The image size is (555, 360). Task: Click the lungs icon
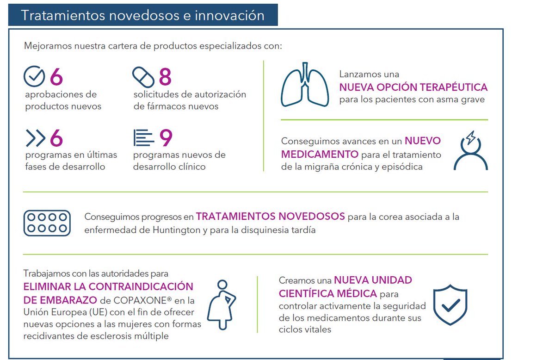click(x=305, y=85)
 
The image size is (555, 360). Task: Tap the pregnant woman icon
click(x=221, y=305)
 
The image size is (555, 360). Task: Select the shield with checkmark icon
click(x=450, y=305)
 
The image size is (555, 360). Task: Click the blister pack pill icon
click(x=47, y=223)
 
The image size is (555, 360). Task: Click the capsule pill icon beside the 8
click(x=143, y=77)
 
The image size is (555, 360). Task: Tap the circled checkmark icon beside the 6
click(x=34, y=76)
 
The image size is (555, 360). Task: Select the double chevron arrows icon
click(x=36, y=138)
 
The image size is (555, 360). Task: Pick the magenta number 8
click(x=165, y=76)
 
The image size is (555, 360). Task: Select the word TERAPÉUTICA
click(x=453, y=87)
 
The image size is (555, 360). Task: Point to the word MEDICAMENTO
click(x=320, y=154)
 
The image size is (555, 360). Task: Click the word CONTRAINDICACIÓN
click(x=141, y=286)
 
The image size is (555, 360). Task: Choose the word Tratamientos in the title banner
click(x=63, y=15)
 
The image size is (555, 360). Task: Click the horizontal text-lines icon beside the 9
click(x=144, y=137)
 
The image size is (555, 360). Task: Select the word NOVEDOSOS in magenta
click(x=311, y=216)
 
